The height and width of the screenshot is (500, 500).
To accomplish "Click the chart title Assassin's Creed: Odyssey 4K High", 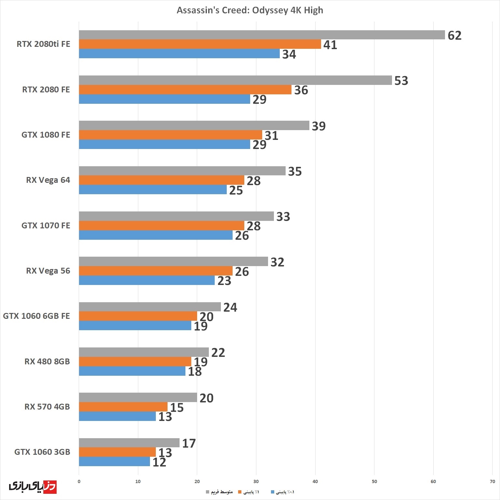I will pos(250,10).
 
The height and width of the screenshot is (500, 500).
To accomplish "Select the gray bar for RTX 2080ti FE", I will pos(262,35).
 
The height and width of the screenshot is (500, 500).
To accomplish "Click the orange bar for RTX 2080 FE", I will pos(185,90).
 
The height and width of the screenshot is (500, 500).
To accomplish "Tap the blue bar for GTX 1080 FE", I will pos(164,144).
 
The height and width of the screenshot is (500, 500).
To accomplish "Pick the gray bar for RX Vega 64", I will pos(182,171).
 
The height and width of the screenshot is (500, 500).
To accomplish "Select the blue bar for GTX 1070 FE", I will pos(155,235).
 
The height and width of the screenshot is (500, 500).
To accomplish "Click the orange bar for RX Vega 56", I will pos(155,271).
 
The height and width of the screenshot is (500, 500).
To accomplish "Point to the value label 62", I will pos(454,35).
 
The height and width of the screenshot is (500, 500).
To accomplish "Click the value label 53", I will pos(401,81).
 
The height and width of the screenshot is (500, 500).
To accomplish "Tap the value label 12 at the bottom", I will pos(159,462).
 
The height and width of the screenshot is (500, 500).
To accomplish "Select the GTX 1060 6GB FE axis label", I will pos(36,316).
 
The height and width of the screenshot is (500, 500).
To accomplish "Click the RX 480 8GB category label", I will pos(47,361).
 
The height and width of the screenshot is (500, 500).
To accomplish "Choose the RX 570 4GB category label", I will pos(47,407).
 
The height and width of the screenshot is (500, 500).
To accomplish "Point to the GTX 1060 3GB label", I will pos(42,452).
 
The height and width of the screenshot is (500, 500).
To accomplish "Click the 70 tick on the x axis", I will pos(492,481).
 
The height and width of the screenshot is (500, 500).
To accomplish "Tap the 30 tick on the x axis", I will pos(256,481).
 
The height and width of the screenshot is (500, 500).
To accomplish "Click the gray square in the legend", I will pos(208,492).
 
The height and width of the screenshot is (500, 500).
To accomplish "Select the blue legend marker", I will pos(272,492).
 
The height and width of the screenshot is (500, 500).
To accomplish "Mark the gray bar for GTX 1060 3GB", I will pos(129,443).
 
